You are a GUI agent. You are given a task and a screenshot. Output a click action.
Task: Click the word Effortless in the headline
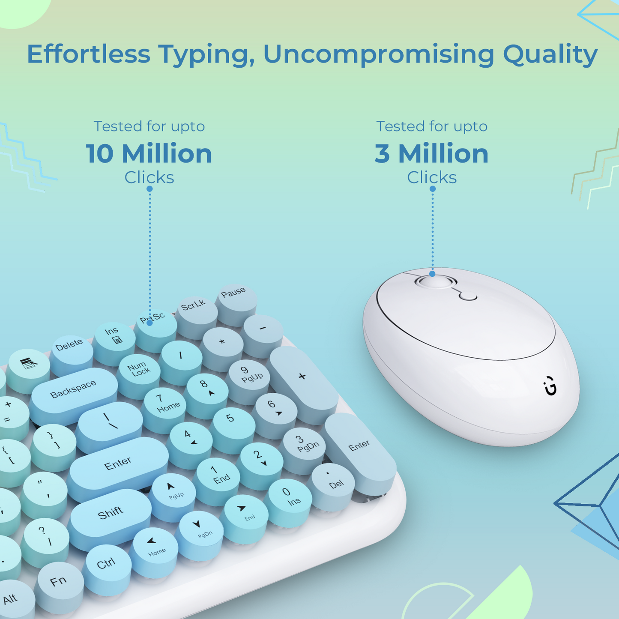89,54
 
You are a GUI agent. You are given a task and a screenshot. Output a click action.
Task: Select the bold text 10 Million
149,153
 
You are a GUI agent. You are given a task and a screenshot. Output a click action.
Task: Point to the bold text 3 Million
431,153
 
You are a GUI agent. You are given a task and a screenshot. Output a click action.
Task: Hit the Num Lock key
139,371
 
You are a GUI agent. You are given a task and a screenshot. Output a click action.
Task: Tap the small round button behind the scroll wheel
468,296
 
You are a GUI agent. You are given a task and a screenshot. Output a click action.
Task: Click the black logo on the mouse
550,386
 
